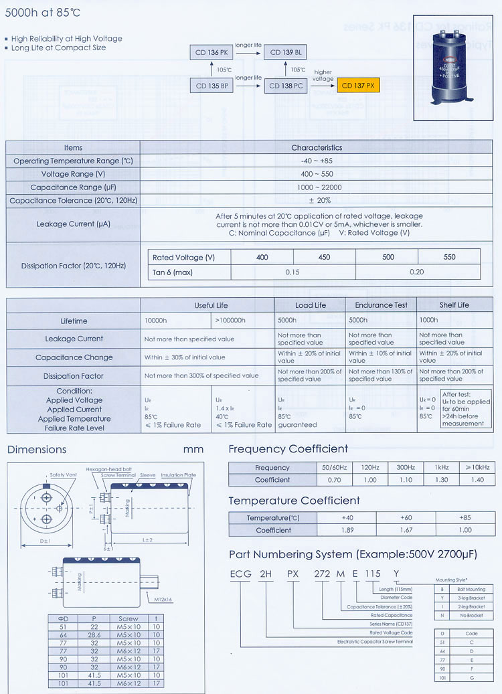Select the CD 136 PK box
coord(212,52)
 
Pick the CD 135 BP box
coord(212,86)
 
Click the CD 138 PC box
coord(286,86)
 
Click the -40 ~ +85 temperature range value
coord(317,161)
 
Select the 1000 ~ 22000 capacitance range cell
coord(317,187)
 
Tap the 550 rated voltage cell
coord(449,257)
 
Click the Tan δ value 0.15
coord(292,272)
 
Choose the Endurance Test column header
coord(381,305)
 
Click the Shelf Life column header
coord(454,305)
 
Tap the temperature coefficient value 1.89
coord(347,530)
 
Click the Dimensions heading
coord(37,450)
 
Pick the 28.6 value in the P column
coord(93,634)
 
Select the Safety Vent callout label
coord(65,475)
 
